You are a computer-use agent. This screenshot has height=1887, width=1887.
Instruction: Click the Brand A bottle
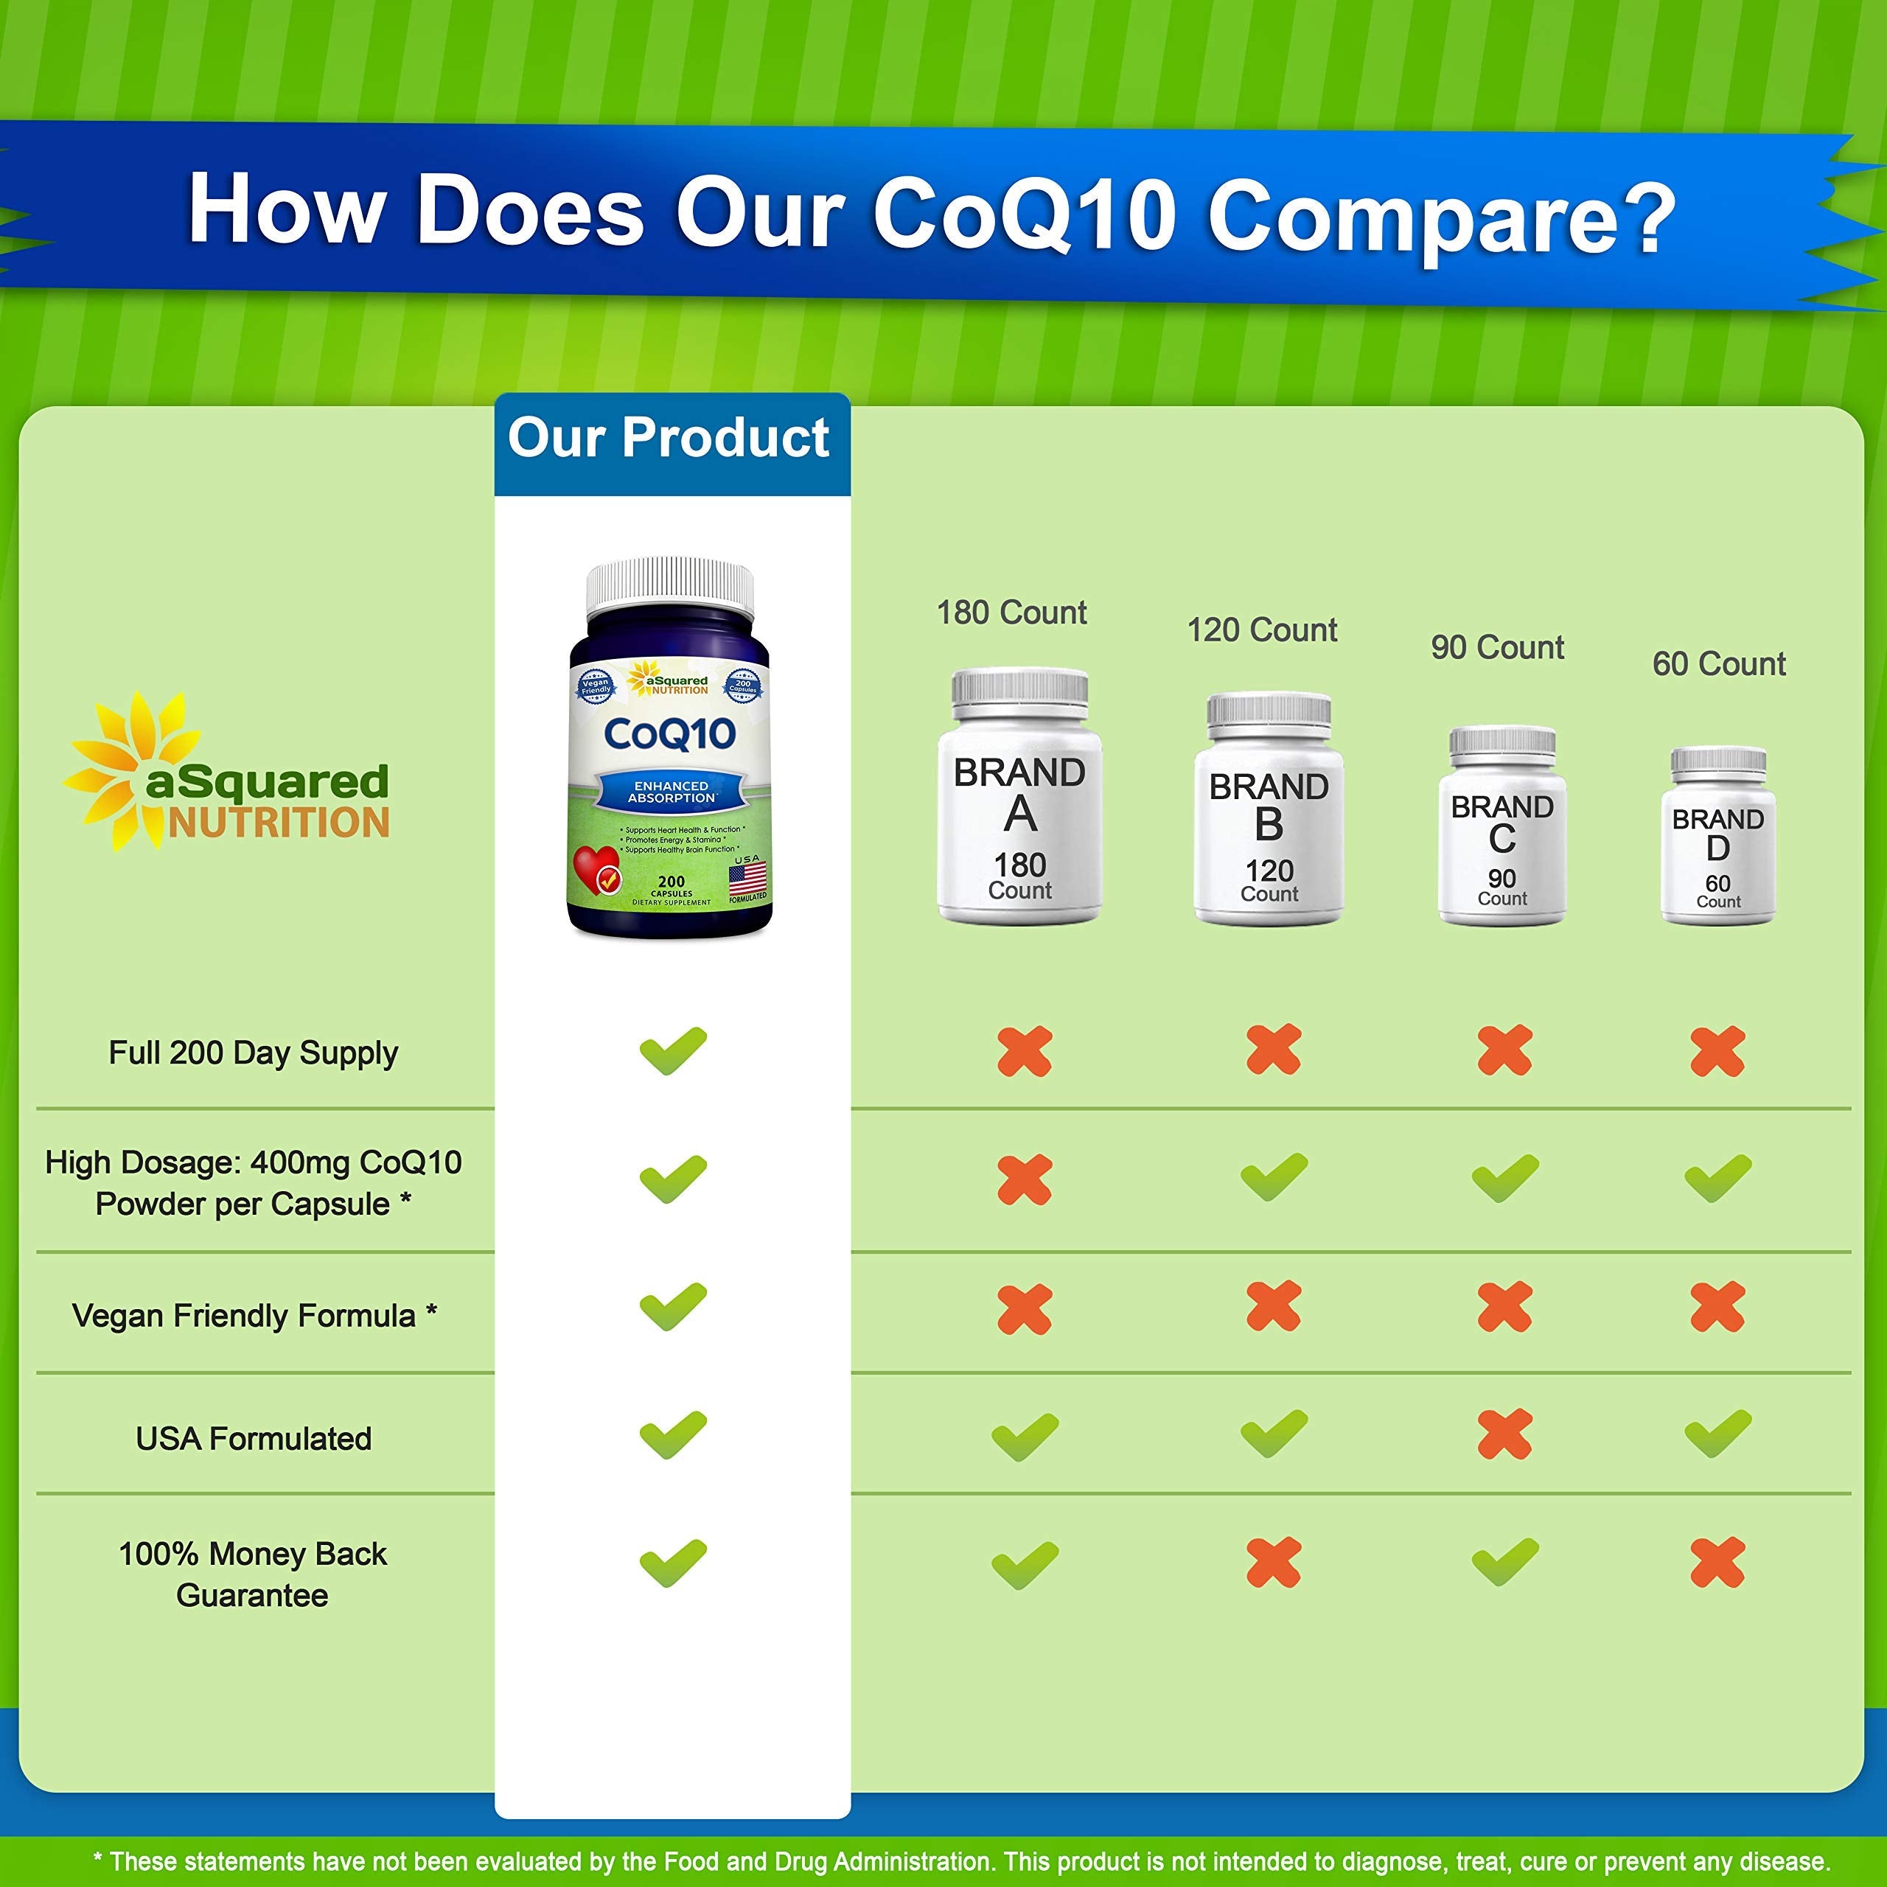tap(1019, 796)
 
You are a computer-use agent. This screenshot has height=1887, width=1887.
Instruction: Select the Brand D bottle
tap(1718, 836)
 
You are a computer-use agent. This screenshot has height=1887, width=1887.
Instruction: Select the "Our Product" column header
tap(669, 439)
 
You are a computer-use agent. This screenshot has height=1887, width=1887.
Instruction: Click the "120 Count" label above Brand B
tap(1262, 631)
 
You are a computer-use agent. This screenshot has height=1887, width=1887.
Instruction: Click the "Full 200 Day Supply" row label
tap(253, 1053)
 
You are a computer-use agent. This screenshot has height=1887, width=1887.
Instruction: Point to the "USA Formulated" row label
tap(253, 1439)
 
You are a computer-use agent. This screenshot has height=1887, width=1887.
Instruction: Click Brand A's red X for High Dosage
tap(1025, 1180)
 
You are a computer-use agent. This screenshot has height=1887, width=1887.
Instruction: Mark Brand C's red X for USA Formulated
tap(1504, 1435)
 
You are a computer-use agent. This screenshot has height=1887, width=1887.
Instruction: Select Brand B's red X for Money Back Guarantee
tap(1274, 1563)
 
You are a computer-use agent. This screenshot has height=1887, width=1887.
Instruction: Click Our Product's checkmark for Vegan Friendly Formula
tap(673, 1307)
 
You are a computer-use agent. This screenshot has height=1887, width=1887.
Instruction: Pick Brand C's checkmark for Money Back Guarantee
tap(1504, 1563)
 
